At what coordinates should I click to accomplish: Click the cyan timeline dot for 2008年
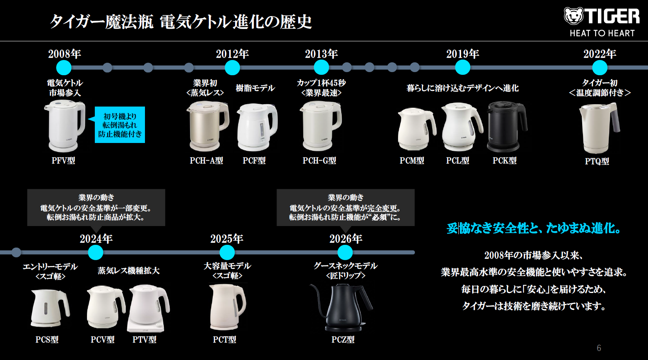click(64, 68)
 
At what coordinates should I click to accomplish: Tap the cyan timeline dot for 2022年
click(600, 68)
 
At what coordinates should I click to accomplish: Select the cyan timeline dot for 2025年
click(227, 252)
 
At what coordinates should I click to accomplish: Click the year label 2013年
click(321, 54)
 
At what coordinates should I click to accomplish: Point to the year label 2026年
click(346, 239)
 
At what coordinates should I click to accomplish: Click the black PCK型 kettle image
click(507, 127)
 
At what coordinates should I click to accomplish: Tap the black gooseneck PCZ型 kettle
click(341, 308)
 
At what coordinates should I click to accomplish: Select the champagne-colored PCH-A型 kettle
click(208, 125)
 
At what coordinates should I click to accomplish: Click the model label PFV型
click(63, 161)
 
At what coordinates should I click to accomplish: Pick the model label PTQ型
click(597, 161)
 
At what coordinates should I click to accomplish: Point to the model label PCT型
click(224, 340)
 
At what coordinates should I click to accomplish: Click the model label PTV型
click(144, 340)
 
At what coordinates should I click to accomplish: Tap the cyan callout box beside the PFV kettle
click(120, 125)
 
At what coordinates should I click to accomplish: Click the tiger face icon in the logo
click(573, 16)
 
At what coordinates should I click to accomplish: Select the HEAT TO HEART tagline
click(602, 33)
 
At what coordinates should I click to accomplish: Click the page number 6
click(599, 348)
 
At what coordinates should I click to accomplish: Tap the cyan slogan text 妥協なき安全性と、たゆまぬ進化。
click(534, 228)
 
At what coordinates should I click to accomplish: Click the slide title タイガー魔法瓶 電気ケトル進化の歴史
click(181, 22)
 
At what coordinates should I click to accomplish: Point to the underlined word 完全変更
click(382, 208)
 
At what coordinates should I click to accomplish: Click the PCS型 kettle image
click(50, 308)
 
